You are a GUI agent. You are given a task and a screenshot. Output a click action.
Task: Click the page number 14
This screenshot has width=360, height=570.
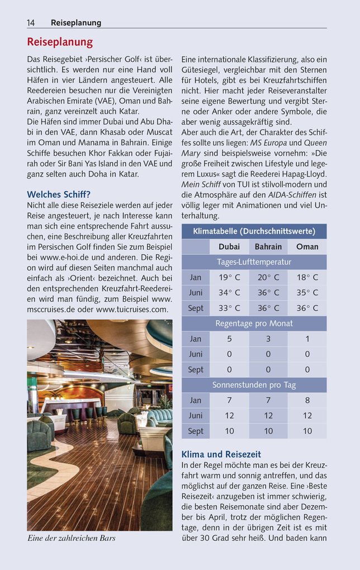pyautogui.click(x=31, y=23)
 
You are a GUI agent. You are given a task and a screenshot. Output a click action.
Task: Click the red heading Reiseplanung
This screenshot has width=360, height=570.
pyautogui.click(x=60, y=42)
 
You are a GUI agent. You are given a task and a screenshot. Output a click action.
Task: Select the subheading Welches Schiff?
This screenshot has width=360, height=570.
pyautogui.click(x=59, y=194)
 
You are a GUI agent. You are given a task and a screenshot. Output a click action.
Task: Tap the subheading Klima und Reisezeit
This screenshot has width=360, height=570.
pyautogui.click(x=221, y=454)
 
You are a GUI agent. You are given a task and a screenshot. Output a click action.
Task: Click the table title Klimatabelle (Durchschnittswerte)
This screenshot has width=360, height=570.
pyautogui.click(x=254, y=231)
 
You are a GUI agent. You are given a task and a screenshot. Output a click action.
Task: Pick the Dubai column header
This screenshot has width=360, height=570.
pyautogui.click(x=229, y=246)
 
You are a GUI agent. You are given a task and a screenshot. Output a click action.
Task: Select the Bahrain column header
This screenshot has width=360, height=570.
pyautogui.click(x=268, y=246)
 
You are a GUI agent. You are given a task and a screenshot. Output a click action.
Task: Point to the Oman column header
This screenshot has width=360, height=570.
pyautogui.click(x=307, y=246)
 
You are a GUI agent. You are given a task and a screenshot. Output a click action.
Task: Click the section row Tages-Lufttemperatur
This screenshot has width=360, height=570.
pyautogui.click(x=254, y=262)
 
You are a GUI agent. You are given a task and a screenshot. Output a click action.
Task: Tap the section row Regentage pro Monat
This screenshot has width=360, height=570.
pyautogui.click(x=254, y=323)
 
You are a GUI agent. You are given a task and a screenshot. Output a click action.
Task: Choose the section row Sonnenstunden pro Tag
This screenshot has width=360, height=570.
pyautogui.click(x=254, y=385)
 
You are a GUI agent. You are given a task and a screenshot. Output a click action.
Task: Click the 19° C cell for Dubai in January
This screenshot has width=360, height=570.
pyautogui.click(x=229, y=277)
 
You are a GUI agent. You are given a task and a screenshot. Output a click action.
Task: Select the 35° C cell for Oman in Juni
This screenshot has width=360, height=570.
pyautogui.click(x=307, y=292)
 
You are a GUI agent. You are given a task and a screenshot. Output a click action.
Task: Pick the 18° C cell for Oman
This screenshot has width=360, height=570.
pyautogui.click(x=307, y=277)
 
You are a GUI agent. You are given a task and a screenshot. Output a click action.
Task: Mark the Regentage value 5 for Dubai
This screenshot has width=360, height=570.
pyautogui.click(x=229, y=339)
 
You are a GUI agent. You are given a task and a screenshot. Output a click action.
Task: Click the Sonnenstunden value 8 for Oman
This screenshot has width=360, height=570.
pyautogui.click(x=307, y=400)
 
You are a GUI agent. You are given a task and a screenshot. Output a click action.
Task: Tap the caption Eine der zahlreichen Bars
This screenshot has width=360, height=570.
pyautogui.click(x=72, y=539)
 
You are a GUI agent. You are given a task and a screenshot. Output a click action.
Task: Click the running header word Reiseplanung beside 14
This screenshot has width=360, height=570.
pyautogui.click(x=76, y=23)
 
